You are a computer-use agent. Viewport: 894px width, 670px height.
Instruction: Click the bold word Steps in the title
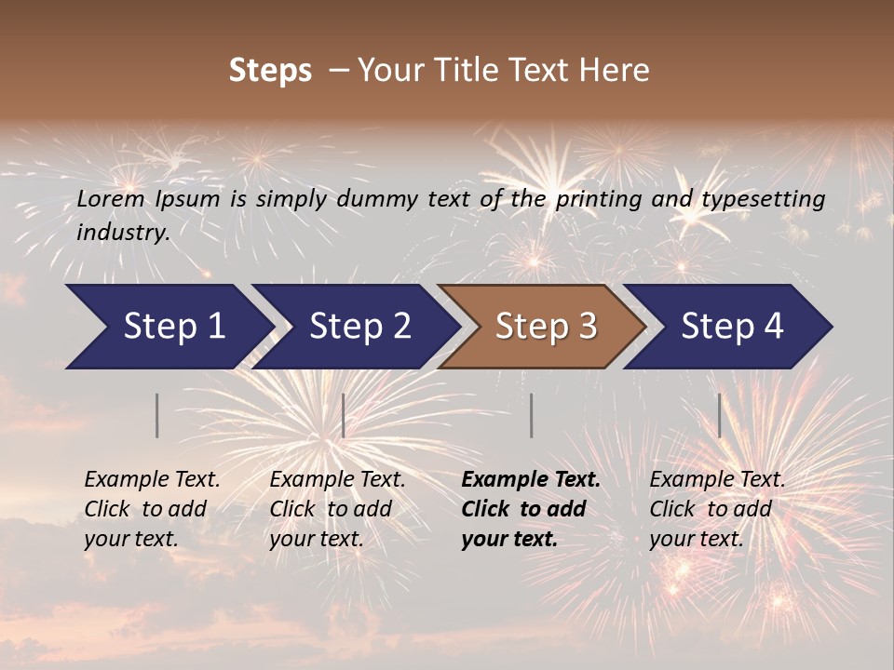point(270,71)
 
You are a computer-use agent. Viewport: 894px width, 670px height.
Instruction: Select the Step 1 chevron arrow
point(168,327)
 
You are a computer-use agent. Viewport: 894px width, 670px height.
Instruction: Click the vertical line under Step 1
point(157,415)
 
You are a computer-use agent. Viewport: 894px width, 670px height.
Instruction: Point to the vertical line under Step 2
point(344,415)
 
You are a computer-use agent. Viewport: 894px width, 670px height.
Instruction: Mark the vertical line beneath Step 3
point(532,415)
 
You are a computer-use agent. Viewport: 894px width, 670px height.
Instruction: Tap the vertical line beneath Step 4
point(720,415)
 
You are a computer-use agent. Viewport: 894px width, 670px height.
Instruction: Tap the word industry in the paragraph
point(122,233)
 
